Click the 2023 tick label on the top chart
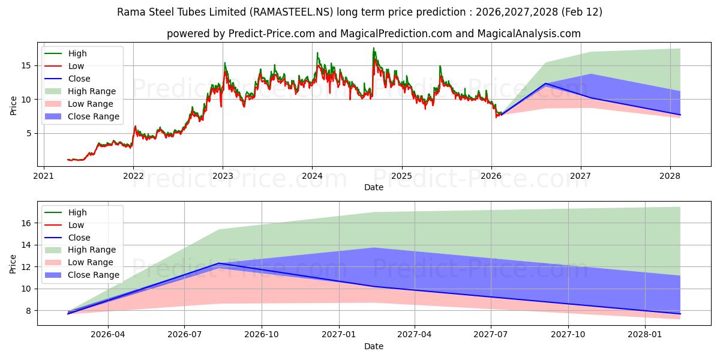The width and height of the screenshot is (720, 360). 223,176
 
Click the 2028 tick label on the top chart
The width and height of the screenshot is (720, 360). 670,176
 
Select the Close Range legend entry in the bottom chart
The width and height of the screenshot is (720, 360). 94,275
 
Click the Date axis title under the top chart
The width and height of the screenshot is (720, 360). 374,187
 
